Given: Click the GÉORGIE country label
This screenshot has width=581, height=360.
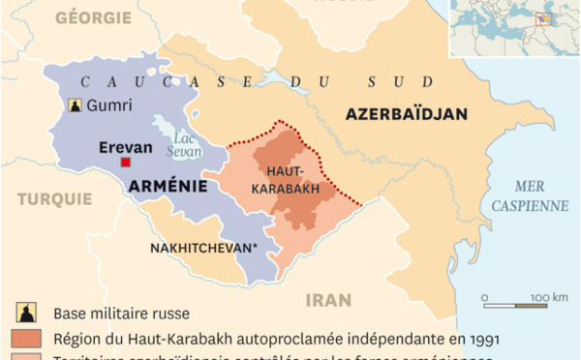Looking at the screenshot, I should coord(93,17).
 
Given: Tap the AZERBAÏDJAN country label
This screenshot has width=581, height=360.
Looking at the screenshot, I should coord(406,114).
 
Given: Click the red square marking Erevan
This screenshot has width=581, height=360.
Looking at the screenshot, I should coord(126,163).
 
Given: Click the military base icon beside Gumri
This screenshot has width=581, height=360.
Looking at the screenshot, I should coord(74,105).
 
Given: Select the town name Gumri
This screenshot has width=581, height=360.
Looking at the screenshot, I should coord(107,105).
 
